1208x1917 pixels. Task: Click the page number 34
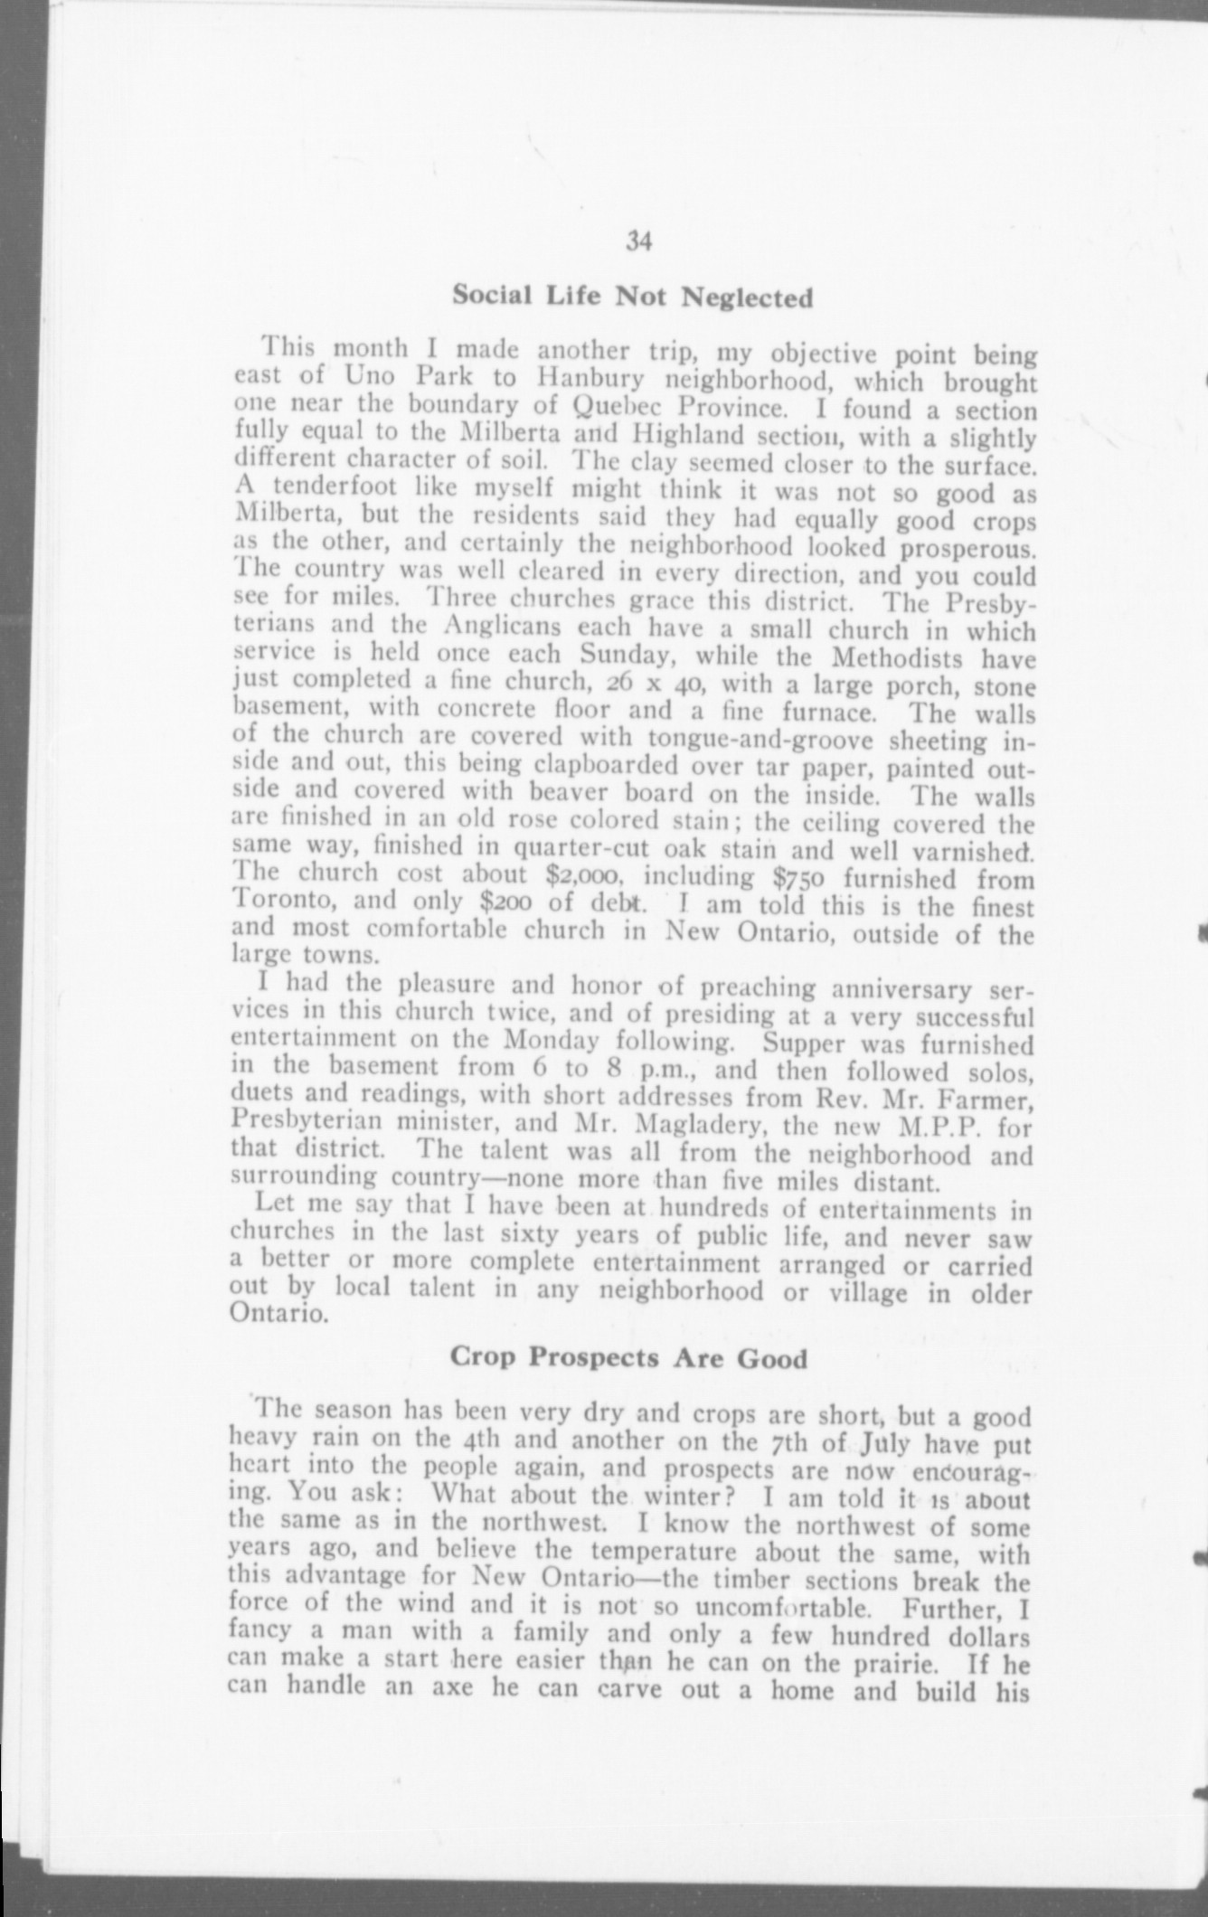(x=638, y=241)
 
